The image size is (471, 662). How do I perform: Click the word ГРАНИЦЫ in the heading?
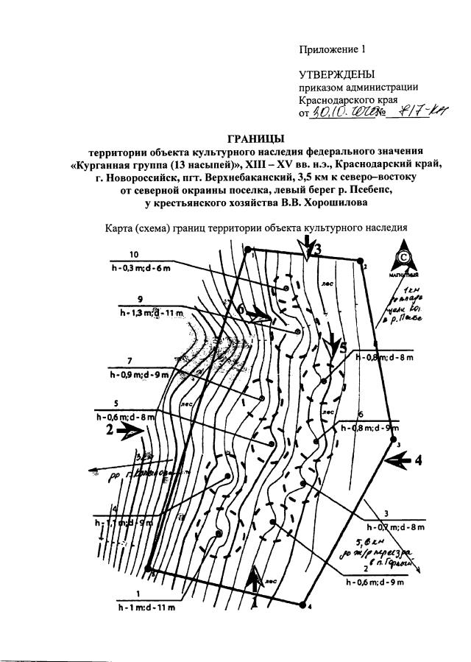[255, 138]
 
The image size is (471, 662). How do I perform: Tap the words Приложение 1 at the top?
[331, 50]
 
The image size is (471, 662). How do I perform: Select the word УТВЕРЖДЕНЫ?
[336, 74]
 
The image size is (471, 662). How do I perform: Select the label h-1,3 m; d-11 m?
[151, 314]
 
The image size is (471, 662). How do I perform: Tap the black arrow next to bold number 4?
[400, 461]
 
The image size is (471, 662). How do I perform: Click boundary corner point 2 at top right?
[360, 261]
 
